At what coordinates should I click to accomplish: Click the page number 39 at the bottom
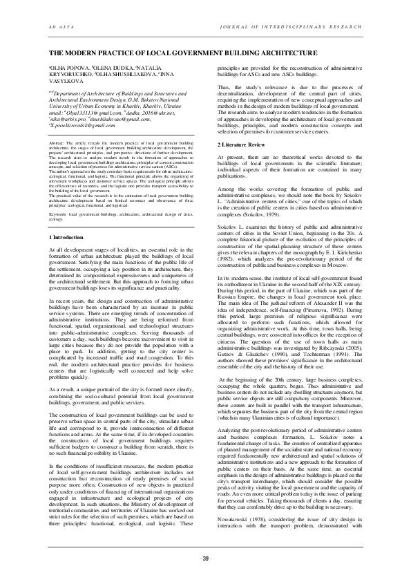tap(205, 558)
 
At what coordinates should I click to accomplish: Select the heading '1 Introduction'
tap(68, 178)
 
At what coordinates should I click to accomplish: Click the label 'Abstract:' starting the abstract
tap(57, 142)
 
